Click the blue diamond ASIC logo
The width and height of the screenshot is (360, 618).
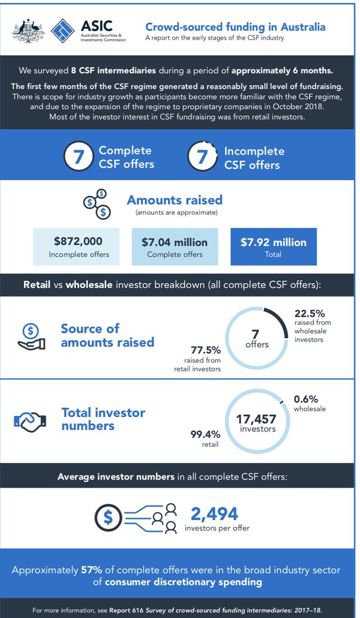coord(63,31)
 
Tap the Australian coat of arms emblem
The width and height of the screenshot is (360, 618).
coord(26,31)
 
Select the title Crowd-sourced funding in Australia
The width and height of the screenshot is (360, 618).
coord(235,27)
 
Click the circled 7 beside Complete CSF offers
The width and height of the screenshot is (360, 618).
coord(78,157)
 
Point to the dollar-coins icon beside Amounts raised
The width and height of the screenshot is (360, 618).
coord(97,203)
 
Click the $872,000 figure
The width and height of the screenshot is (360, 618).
coord(78,242)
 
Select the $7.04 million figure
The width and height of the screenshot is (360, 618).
coord(175,242)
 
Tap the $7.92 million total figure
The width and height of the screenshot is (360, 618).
coord(273,242)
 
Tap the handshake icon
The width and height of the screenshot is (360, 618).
coord(29,420)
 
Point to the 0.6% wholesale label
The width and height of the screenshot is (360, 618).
coord(306,399)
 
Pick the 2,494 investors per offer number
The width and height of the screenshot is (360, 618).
coord(214,513)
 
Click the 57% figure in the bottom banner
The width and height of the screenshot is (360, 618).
coord(90,570)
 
